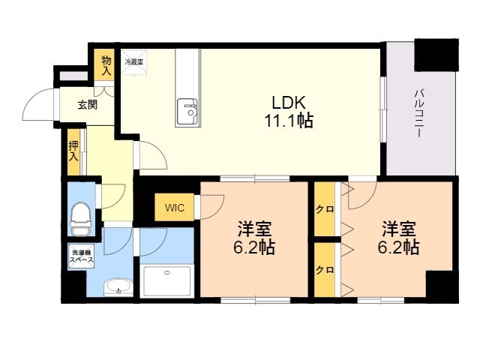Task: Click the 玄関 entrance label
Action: pyautogui.click(x=87, y=105)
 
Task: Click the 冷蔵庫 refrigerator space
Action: pyautogui.click(x=136, y=61)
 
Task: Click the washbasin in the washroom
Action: pyautogui.click(x=116, y=286)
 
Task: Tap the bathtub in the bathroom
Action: pyautogui.click(x=167, y=281)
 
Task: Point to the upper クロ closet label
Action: pyautogui.click(x=324, y=209)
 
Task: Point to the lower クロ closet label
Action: pyautogui.click(x=324, y=268)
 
